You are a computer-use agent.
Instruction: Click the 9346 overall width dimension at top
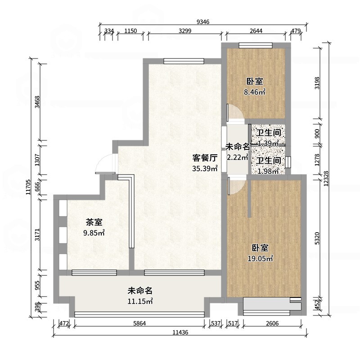coord(204,21)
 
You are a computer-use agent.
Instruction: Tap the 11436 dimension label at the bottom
coord(180,333)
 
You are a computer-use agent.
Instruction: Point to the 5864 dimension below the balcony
coord(140,323)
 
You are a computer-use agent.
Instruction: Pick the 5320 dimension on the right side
coord(318,238)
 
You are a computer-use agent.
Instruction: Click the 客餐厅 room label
coord(205,158)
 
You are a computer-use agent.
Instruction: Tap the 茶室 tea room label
coord(94,222)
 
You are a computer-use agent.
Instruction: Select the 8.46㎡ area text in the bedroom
coord(255,93)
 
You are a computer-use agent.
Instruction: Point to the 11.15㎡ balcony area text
coord(140,301)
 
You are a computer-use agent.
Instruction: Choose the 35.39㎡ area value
coord(205,169)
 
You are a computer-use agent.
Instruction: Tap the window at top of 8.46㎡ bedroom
coord(255,45)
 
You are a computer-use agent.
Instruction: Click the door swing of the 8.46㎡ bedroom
coord(236,113)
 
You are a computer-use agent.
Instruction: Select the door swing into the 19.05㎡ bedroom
coord(236,186)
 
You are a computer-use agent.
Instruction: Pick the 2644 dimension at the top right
coord(256,31)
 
